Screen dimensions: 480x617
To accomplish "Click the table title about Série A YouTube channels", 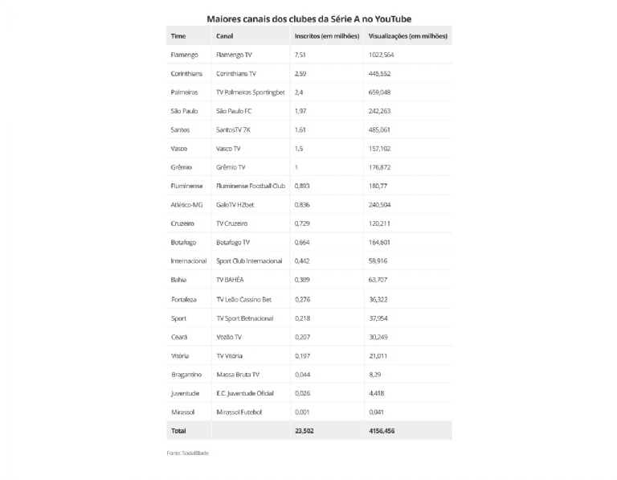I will point(308,17).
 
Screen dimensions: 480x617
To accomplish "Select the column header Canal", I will point(225,36).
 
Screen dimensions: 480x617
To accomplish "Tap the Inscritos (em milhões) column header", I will point(327,36).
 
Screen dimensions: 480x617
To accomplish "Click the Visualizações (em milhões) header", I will point(408,36).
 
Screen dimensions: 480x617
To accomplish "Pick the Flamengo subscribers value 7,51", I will point(302,55).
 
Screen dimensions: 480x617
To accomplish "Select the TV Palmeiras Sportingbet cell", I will point(251,92).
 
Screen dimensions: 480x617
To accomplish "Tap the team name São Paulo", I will point(186,111).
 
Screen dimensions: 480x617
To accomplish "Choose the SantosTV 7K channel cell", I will point(235,129).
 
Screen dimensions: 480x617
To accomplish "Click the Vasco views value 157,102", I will point(382,149).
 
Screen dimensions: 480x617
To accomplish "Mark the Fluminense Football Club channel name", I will point(251,187).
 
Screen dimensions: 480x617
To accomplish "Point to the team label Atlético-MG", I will point(187,205).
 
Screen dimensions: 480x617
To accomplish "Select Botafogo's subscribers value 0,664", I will point(303,243).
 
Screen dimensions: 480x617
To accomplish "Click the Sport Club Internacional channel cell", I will point(249,261).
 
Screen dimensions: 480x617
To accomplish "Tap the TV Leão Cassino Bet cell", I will point(244,299).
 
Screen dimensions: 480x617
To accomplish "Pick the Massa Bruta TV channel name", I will point(239,375).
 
